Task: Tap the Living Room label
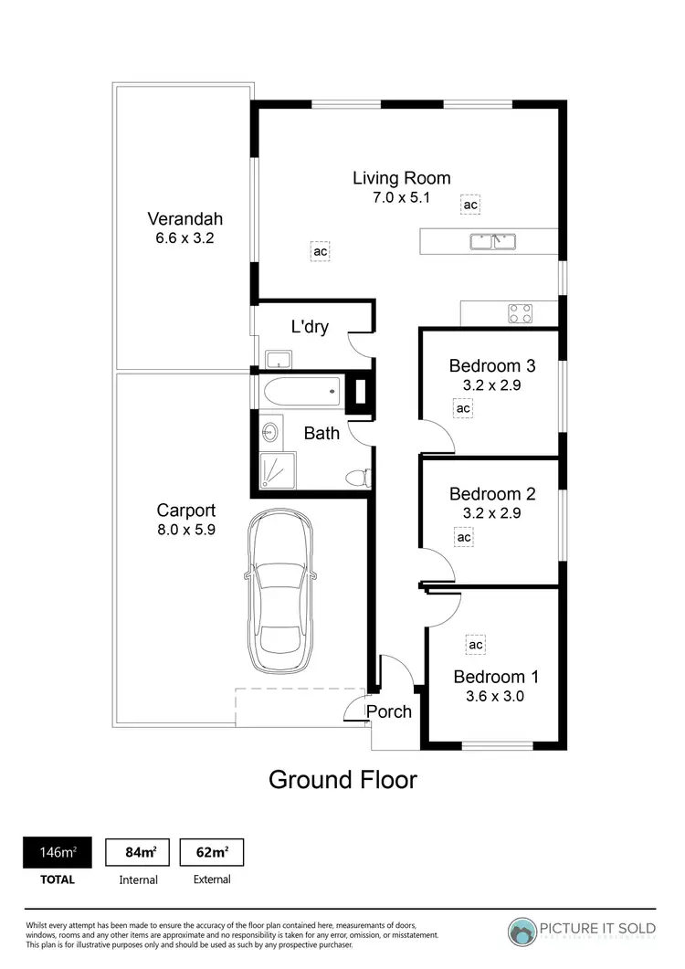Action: [x=401, y=178]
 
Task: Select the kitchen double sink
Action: [x=493, y=242]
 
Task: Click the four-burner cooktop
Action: [x=521, y=313]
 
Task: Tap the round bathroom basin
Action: [x=271, y=432]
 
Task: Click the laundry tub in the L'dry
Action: [x=277, y=357]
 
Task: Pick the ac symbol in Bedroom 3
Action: [x=463, y=408]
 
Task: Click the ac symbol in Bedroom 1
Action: [x=475, y=645]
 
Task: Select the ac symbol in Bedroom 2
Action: [x=463, y=538]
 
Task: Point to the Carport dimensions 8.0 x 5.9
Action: [x=185, y=530]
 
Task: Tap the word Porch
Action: [x=389, y=711]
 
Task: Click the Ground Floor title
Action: [x=342, y=779]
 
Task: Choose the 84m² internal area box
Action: [x=138, y=852]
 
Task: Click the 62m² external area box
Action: [x=212, y=852]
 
